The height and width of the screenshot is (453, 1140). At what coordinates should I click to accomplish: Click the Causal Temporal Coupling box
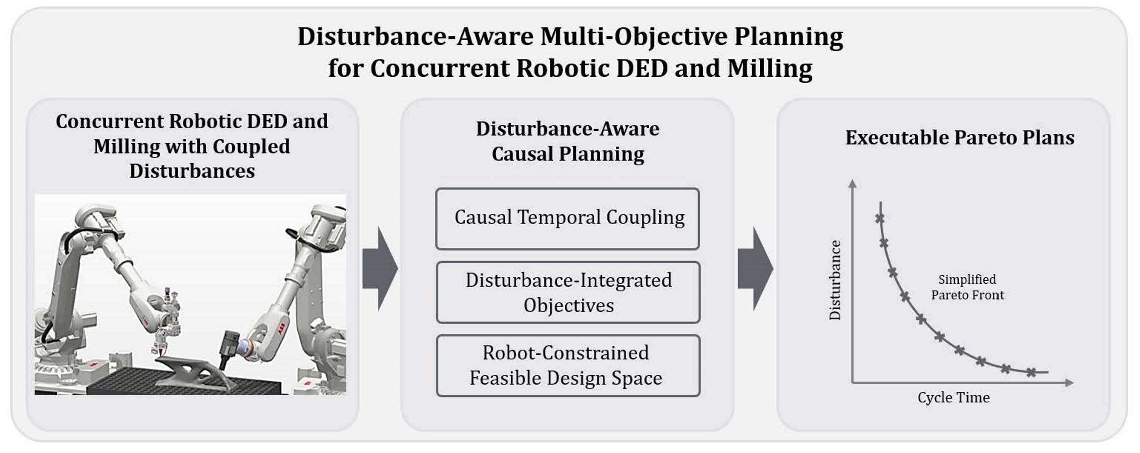[x=567, y=219]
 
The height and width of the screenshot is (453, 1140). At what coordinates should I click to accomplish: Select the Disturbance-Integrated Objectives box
[x=568, y=293]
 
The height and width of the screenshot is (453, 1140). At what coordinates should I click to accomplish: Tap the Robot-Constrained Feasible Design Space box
[x=568, y=366]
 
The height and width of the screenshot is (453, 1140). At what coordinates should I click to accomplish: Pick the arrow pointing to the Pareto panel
[x=755, y=269]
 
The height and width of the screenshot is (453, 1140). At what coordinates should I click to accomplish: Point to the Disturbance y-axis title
[x=835, y=279]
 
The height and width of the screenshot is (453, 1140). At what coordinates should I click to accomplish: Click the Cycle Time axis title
[x=953, y=397]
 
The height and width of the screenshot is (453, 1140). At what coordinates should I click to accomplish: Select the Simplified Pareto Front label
[x=967, y=287]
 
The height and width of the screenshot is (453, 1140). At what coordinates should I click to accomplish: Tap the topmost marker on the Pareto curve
[x=880, y=218]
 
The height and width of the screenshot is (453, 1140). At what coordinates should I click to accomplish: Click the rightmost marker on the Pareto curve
[x=1031, y=372]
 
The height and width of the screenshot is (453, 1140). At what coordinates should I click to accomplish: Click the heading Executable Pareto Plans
[x=960, y=137]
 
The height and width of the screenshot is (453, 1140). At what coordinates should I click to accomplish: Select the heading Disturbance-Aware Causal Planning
[x=567, y=141]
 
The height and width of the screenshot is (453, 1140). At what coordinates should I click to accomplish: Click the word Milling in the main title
[x=769, y=68]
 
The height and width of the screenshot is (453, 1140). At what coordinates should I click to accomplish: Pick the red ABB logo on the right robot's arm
[x=282, y=330]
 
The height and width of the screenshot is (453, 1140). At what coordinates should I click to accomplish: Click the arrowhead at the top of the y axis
[x=852, y=183]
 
